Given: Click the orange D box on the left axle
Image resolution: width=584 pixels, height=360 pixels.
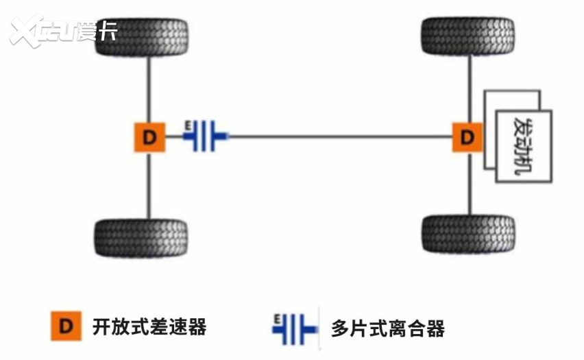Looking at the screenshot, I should [149, 138].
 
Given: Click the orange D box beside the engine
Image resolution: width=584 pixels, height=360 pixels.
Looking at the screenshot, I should [467, 137].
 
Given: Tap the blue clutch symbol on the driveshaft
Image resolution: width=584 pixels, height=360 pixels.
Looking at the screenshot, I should [204, 136].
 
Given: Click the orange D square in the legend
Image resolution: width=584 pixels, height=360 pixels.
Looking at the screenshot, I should [66, 327].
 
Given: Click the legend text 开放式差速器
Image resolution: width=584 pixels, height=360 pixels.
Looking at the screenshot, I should [149, 327].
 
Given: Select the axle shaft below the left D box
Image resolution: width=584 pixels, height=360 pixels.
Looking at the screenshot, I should [149, 185].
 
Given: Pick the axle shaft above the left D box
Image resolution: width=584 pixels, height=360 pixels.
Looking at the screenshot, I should [149, 89].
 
